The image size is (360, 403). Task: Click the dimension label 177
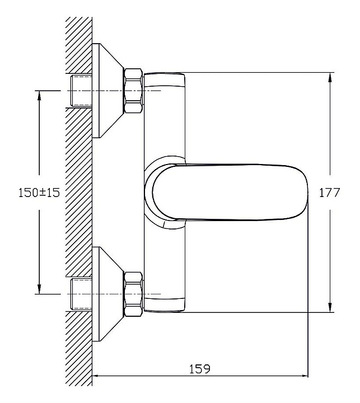(329, 193)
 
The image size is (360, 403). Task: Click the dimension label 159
(199, 369)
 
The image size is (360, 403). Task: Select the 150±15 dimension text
(39, 193)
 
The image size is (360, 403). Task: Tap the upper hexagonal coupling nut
(133, 91)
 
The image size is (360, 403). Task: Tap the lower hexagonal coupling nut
(133, 294)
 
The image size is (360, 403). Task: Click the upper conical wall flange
(108, 91)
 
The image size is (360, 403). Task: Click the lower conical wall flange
(108, 294)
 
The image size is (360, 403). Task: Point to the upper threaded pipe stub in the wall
(81, 91)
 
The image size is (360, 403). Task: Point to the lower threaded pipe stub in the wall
(81, 294)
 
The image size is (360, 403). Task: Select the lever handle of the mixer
(230, 192)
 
